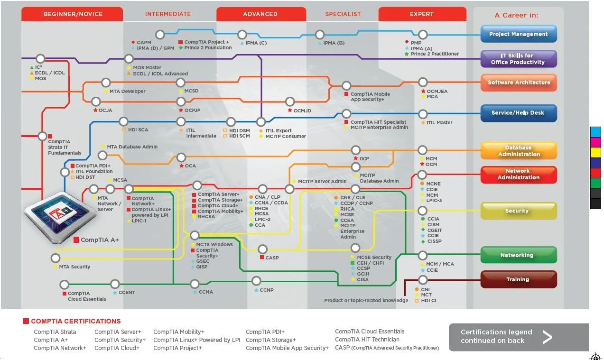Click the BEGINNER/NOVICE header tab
click(x=73, y=14)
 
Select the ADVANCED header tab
click(x=260, y=14)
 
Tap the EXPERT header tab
click(x=421, y=14)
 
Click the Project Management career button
click(x=518, y=34)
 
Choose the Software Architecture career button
click(x=519, y=83)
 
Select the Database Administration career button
click(x=519, y=151)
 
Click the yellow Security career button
click(x=518, y=211)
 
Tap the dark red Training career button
click(x=518, y=279)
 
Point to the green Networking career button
click(x=518, y=255)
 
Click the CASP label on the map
click(x=272, y=258)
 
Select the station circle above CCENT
click(x=115, y=284)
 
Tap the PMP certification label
click(x=416, y=43)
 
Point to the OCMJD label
click(x=302, y=111)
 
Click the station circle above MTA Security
click(x=56, y=258)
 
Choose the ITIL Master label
click(x=439, y=122)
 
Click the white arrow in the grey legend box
click(x=548, y=337)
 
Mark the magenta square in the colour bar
click(x=595, y=142)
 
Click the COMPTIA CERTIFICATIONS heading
click(x=75, y=321)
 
